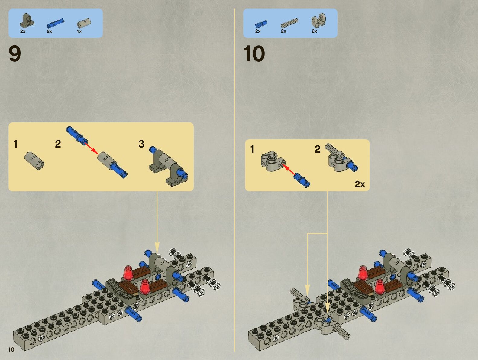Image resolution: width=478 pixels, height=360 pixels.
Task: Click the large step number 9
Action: pyautogui.click(x=15, y=54)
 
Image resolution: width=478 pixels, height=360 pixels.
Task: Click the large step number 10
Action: pyautogui.click(x=254, y=54)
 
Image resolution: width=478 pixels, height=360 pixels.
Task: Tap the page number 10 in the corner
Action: pyautogui.click(x=11, y=349)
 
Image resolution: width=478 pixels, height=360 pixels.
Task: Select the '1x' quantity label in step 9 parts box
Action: pyautogui.click(x=79, y=31)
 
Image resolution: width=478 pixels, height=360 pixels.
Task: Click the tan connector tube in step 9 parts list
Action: pyautogui.click(x=84, y=23)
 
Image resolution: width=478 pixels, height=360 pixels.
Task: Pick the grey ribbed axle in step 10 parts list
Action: pyautogui.click(x=289, y=23)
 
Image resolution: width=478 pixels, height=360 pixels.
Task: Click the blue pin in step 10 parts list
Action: pyautogui.click(x=261, y=24)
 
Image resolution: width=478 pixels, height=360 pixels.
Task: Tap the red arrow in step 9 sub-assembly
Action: pyautogui.click(x=91, y=148)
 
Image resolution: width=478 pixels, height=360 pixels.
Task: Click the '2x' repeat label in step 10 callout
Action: pyautogui.click(x=360, y=184)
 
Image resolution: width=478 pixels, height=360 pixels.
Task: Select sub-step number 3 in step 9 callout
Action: pyautogui.click(x=141, y=144)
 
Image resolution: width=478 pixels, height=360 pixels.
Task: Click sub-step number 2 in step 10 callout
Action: pyautogui.click(x=317, y=149)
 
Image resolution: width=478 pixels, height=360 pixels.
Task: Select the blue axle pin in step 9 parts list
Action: pyautogui.click(x=55, y=23)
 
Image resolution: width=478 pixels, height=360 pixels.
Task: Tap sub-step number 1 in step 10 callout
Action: pyautogui.click(x=252, y=149)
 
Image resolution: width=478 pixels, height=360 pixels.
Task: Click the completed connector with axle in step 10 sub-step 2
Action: pyautogui.click(x=341, y=159)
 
